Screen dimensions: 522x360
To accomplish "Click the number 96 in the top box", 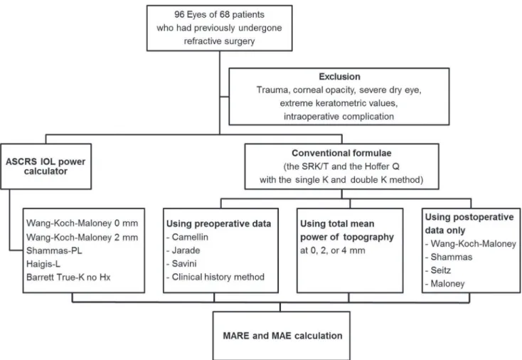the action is [x=179, y=15].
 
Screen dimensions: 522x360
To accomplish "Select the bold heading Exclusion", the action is [x=339, y=77].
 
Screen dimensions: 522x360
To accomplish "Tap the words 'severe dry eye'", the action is [x=390, y=90].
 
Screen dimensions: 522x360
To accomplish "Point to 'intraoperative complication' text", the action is [x=339, y=117].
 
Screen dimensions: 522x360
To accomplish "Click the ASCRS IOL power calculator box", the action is [x=46, y=166].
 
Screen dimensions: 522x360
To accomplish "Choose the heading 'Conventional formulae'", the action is [x=341, y=153].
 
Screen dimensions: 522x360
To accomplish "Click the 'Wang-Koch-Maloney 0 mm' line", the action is [x=82, y=223].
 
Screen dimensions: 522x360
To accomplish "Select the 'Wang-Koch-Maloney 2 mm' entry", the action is [x=82, y=237].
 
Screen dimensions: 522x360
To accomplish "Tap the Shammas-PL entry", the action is [x=54, y=250].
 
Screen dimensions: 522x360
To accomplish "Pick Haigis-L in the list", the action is [x=43, y=264].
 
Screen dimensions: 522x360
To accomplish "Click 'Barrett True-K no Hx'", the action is [x=68, y=277].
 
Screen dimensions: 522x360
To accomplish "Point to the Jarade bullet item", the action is [x=183, y=250].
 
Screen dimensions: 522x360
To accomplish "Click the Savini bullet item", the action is [x=181, y=264].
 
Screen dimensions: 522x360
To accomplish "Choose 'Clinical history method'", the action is [x=215, y=277].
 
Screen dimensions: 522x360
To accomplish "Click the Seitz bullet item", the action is [x=438, y=270].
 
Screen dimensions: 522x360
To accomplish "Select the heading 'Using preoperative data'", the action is [x=219, y=224].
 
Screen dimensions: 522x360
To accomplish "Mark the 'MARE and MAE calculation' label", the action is [x=282, y=336].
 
